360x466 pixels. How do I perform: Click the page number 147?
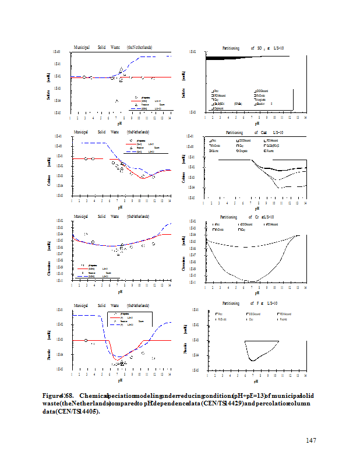[x=310, y=440]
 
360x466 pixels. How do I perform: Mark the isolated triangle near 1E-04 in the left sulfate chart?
[x=117, y=101]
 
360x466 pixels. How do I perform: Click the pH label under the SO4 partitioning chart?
[x=256, y=123]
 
